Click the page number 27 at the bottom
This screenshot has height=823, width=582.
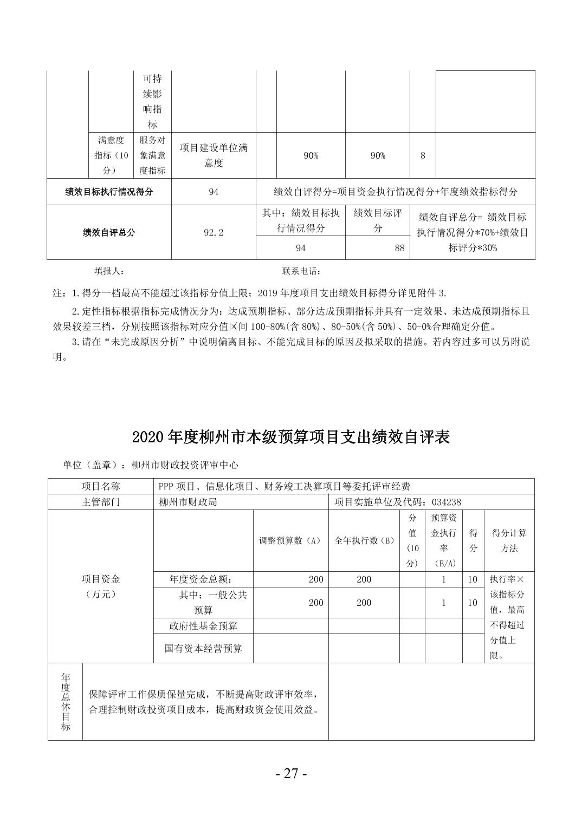click(x=291, y=774)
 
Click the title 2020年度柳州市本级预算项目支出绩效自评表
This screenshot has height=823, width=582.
click(x=291, y=437)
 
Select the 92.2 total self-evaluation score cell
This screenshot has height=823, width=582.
click(x=214, y=233)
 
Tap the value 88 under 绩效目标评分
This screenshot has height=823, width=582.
click(x=399, y=248)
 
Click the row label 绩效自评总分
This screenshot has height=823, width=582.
click(x=109, y=233)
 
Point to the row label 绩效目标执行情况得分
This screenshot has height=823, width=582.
click(x=109, y=192)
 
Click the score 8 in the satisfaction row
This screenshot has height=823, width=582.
click(x=423, y=155)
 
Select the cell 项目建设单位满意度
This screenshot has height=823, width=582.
click(x=214, y=155)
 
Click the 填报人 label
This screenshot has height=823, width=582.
click(x=109, y=271)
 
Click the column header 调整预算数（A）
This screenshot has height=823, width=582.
click(x=290, y=540)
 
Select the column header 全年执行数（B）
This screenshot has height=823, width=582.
click(x=364, y=540)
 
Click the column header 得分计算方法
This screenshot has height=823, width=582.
click(x=509, y=540)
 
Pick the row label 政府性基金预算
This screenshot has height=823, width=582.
click(x=203, y=626)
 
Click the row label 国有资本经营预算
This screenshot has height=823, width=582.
click(x=203, y=648)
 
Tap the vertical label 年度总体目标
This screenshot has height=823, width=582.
click(x=66, y=701)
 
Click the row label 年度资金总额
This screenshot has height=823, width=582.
click(x=203, y=579)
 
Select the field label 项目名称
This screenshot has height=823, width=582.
click(x=100, y=487)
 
